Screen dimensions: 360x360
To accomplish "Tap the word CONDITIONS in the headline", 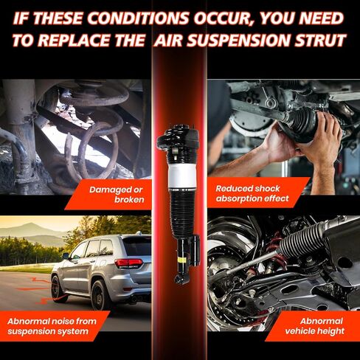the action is [x=136, y=18].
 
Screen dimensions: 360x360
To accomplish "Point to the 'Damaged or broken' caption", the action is [x=117, y=195].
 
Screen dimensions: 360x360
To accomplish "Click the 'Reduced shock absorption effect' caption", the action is [x=252, y=193].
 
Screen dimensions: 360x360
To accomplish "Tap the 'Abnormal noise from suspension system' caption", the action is [x=52, y=326].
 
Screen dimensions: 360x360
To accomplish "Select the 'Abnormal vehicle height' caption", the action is [x=315, y=326].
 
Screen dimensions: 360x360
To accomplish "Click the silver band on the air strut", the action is [x=182, y=176].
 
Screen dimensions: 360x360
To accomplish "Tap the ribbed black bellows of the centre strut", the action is [x=182, y=212].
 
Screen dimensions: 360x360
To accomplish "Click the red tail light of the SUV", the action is [x=128, y=263].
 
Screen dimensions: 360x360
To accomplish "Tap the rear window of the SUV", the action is [x=136, y=246].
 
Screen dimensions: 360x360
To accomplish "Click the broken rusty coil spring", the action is [x=94, y=131].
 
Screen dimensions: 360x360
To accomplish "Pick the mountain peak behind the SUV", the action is [x=31, y=224].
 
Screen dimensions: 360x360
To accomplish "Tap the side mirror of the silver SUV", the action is [x=66, y=256].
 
